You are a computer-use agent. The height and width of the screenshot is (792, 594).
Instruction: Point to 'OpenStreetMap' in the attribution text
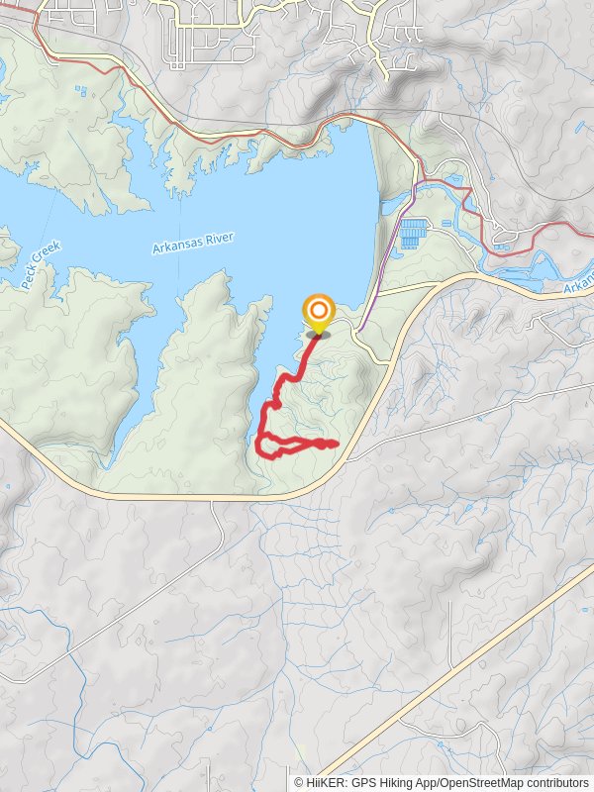485,782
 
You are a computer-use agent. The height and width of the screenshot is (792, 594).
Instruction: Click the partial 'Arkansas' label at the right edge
580,283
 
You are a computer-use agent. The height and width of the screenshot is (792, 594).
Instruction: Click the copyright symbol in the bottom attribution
299,782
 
